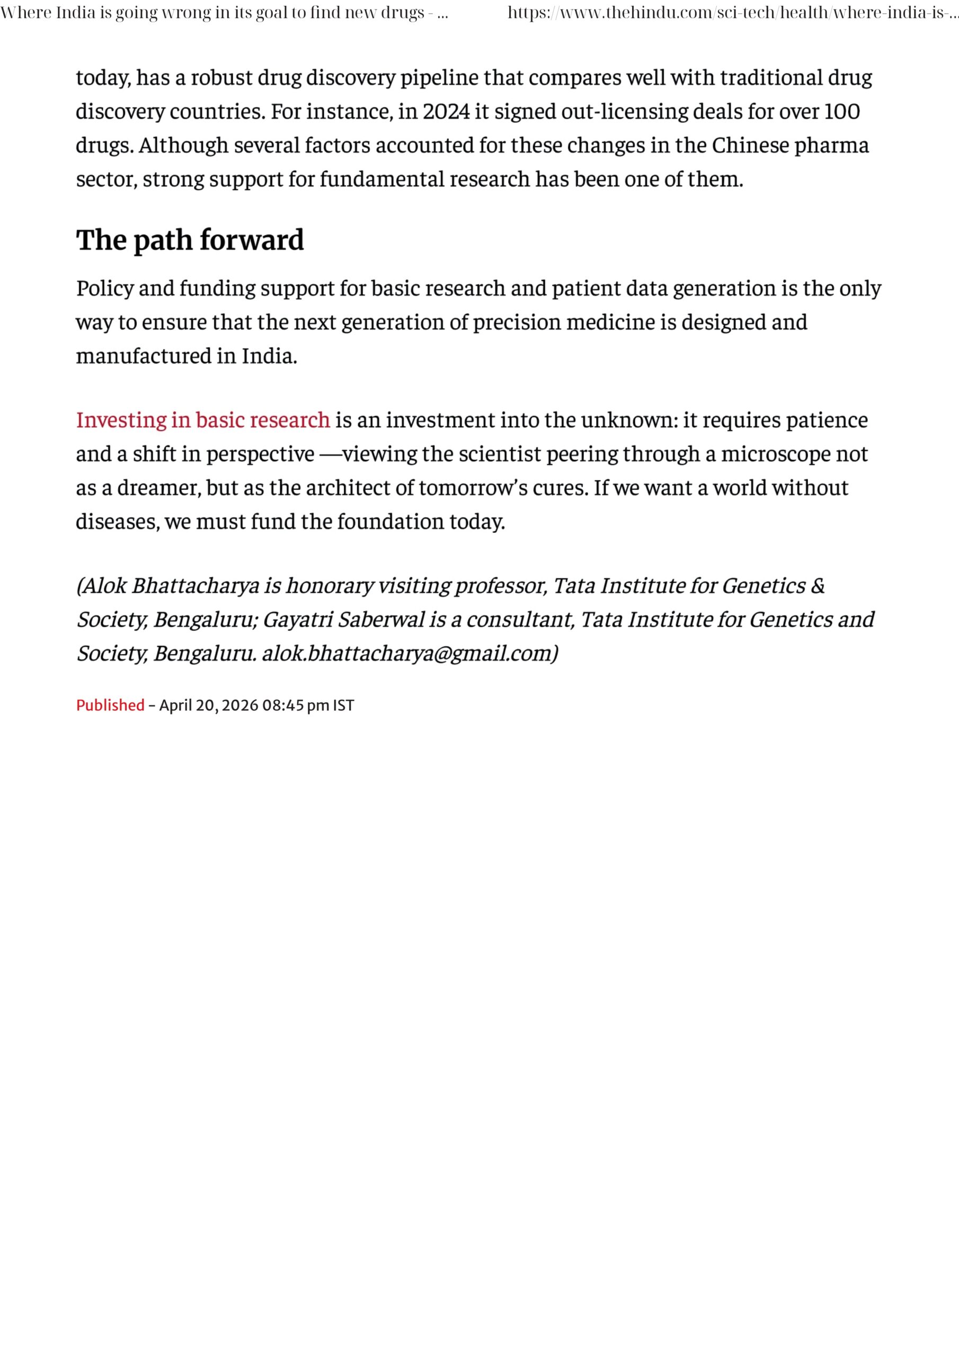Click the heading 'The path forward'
click(190, 240)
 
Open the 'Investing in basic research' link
click(203, 420)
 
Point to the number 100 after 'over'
click(841, 112)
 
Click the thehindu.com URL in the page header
click(733, 13)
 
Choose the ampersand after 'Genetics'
click(817, 586)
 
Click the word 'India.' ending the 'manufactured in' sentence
click(269, 356)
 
